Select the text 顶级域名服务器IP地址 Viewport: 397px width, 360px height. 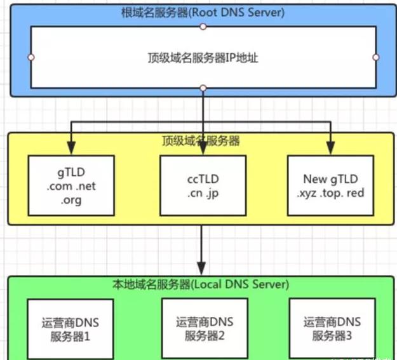click(203, 58)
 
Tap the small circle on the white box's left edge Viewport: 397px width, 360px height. click(30, 58)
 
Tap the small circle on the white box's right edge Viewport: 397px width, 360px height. click(375, 58)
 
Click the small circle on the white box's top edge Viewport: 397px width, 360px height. click(203, 27)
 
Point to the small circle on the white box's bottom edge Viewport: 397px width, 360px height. click(203, 87)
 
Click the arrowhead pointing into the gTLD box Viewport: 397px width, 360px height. click(72, 149)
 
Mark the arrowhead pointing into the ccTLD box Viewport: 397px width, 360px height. click(203, 149)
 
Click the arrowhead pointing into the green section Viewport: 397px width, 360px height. click(203, 269)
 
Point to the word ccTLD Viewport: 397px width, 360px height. click(203, 178)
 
